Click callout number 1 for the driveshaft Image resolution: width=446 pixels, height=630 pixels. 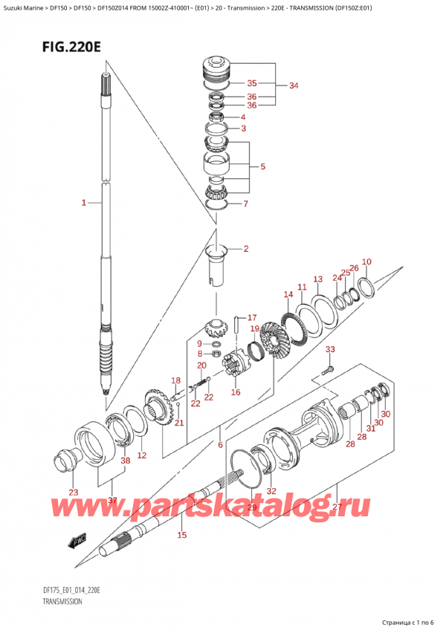pos(84,202)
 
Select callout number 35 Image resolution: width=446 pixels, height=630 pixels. pos(251,83)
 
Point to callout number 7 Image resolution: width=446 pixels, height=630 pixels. pos(246,204)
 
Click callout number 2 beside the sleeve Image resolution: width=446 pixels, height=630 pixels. pos(245,248)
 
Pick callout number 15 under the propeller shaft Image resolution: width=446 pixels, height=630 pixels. pos(182,534)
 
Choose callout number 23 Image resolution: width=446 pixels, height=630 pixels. pos(72,492)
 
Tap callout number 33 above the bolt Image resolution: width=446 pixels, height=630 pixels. pos(330,349)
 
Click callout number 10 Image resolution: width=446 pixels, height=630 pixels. pos(366,262)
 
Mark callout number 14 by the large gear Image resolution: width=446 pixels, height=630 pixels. pos(288,295)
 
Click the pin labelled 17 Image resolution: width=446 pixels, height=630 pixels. pos(236,323)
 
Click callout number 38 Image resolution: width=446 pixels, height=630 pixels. pos(125,461)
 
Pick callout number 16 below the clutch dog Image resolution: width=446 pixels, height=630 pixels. pos(236,392)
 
